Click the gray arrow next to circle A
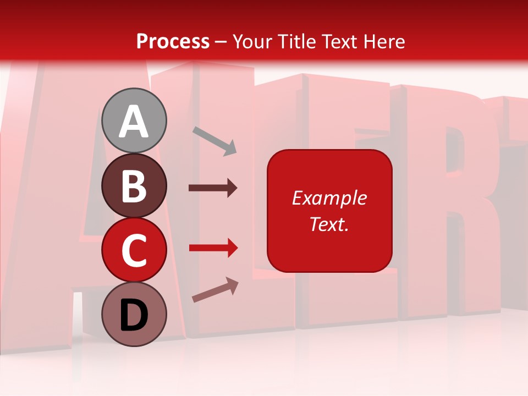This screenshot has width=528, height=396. (215, 140)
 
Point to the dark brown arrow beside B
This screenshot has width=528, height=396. (212, 188)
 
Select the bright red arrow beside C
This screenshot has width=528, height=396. (213, 248)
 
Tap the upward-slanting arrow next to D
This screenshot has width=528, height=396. (215, 290)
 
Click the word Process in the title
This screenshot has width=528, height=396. (173, 41)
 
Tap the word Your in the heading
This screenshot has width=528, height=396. (252, 41)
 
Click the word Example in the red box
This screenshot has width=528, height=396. (329, 198)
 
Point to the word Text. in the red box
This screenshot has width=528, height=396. (329, 224)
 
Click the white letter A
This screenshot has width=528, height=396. (134, 122)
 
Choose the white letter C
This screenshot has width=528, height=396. (134, 251)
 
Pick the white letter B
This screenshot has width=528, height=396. (134, 186)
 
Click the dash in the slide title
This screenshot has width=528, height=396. (221, 42)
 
